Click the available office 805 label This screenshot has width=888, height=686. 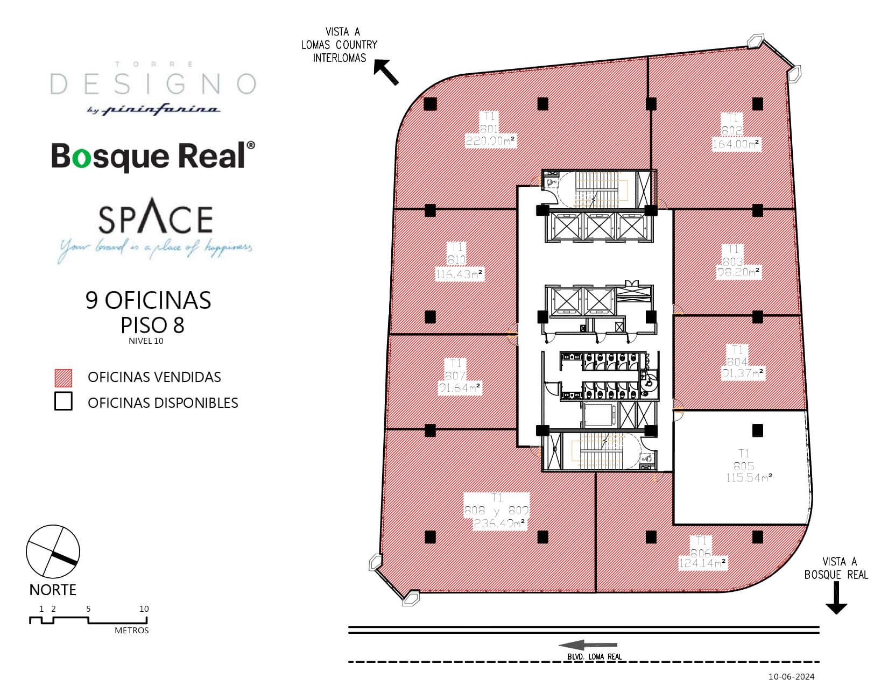click(x=743, y=466)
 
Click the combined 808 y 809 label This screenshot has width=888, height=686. click(x=496, y=511)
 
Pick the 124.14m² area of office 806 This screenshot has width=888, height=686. click(x=702, y=564)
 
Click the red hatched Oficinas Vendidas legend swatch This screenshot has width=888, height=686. click(x=64, y=378)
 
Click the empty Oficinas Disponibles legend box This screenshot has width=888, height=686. click(x=64, y=402)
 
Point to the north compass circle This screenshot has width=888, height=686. click(x=53, y=551)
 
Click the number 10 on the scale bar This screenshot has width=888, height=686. click(x=144, y=609)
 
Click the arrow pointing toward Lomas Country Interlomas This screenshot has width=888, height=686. click(x=386, y=73)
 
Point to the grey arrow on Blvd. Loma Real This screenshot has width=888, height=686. click(x=588, y=645)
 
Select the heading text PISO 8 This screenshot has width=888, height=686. click(x=152, y=325)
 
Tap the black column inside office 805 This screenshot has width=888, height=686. click(x=758, y=430)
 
